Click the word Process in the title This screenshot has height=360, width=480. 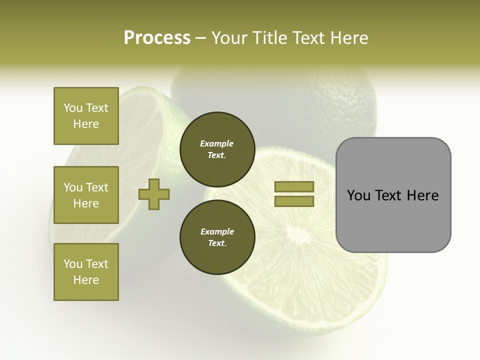[157, 37]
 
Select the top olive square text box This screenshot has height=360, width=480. [86, 116]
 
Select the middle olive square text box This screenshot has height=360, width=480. [86, 195]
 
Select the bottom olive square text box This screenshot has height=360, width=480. [86, 272]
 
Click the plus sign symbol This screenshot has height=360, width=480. [154, 194]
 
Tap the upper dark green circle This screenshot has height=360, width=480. [217, 149]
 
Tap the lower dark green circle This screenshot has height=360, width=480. [217, 237]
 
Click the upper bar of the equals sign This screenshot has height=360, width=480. [294, 187]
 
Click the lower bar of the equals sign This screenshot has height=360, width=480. [294, 201]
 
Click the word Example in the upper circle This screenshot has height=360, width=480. [217, 144]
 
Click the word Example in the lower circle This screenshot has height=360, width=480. [217, 232]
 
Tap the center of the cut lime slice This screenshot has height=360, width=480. [299, 233]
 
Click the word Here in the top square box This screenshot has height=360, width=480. [86, 124]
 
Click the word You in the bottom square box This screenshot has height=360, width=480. [73, 264]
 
